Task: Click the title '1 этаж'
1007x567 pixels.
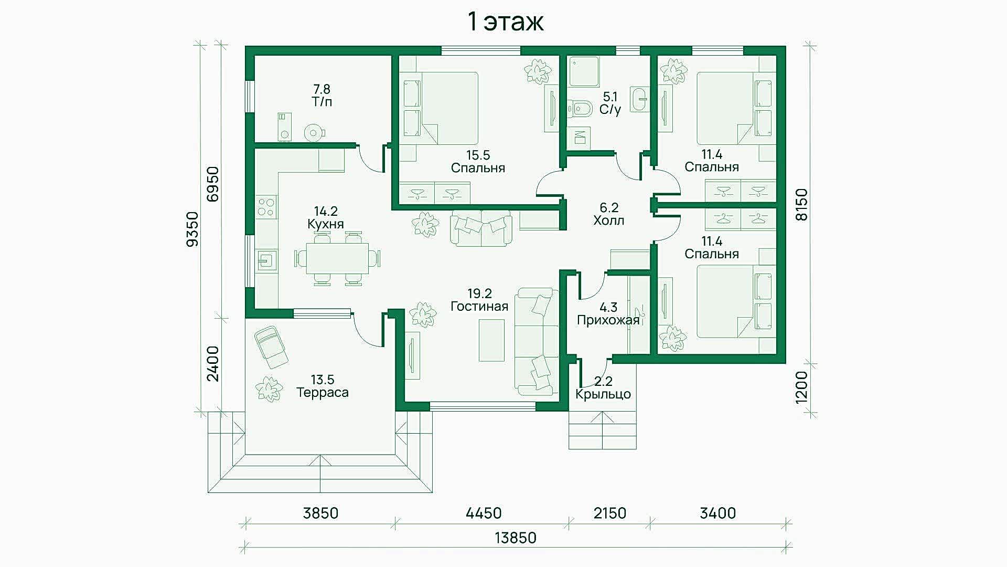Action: (505, 22)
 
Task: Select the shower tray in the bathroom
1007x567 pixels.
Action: (584, 71)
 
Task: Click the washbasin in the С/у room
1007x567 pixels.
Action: (640, 99)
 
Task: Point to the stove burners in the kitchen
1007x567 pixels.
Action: (266, 206)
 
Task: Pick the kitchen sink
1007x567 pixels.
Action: (266, 260)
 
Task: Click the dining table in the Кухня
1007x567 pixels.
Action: (337, 258)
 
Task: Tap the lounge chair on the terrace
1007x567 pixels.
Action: (271, 347)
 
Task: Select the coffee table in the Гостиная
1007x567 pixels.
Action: (492, 340)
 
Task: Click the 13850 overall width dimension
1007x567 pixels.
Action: (516, 538)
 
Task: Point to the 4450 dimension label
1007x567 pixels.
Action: (484, 513)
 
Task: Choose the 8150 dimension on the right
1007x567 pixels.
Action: (801, 205)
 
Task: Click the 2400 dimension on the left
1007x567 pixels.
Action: (212, 364)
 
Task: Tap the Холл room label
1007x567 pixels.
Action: (609, 220)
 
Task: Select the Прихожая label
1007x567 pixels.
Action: (608, 320)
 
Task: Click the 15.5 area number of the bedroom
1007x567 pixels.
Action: (478, 155)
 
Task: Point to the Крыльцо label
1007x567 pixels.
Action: (603, 394)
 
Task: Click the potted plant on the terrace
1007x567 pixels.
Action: (269, 389)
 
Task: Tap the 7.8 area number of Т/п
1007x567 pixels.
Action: (322, 89)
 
